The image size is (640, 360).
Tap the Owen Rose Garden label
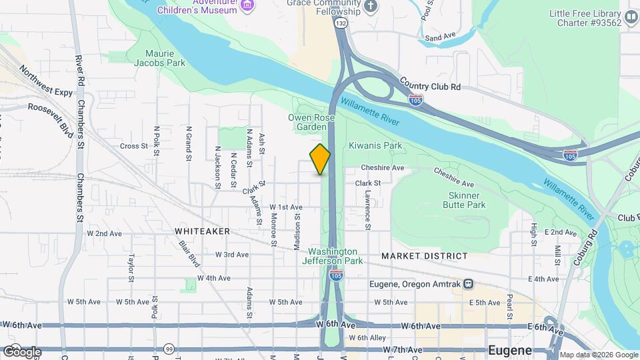click(307, 122)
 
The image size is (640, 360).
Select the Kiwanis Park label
click(375, 145)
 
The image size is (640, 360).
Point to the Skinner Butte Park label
click(464, 201)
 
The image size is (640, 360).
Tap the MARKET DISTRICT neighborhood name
click(425, 256)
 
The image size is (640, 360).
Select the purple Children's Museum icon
click(247, 6)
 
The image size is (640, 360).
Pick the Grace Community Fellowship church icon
click(371, 6)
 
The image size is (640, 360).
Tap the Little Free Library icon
click(631, 17)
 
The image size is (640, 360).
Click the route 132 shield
click(341, 23)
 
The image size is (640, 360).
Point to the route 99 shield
click(169, 349)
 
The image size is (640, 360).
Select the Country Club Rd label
click(430, 83)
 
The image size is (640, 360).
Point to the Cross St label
click(133, 146)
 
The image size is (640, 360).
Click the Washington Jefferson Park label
click(335, 256)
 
